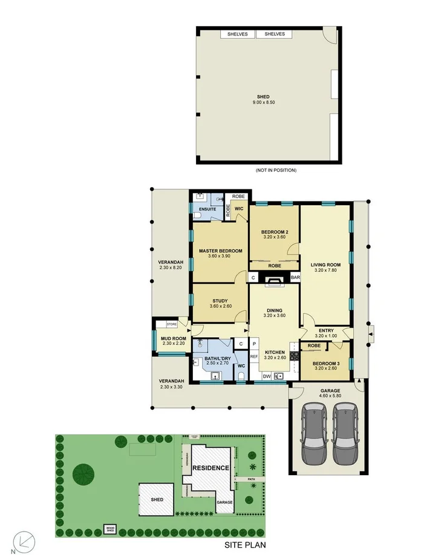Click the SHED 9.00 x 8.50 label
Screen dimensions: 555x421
tap(263, 99)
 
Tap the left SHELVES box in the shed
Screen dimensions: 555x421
tap(238, 34)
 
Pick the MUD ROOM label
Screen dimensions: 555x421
tap(172, 340)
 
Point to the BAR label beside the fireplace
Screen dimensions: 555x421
tap(295, 277)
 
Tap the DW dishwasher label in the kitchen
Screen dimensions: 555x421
tap(266, 376)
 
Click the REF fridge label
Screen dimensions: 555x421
tap(255, 356)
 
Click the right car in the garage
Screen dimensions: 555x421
tap(344, 435)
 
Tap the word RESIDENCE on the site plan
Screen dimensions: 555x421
tap(211, 468)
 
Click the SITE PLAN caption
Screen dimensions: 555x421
tap(245, 545)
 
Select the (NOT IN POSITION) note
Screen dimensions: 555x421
tap(276, 170)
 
